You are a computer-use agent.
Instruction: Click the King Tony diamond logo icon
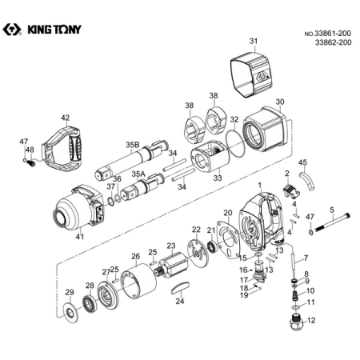tap(12, 30)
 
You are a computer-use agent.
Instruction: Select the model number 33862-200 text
tap(333, 42)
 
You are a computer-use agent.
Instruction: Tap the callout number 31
tap(254, 41)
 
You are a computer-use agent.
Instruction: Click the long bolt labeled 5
tap(332, 222)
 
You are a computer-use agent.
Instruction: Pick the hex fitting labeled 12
tap(296, 322)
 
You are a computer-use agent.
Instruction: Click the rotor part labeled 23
tap(173, 265)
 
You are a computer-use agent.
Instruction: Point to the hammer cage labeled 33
tap(210, 157)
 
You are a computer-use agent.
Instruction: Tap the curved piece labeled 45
tap(306, 181)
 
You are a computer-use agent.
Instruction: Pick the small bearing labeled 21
tap(212, 246)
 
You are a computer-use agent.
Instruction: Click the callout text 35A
tap(138, 174)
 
